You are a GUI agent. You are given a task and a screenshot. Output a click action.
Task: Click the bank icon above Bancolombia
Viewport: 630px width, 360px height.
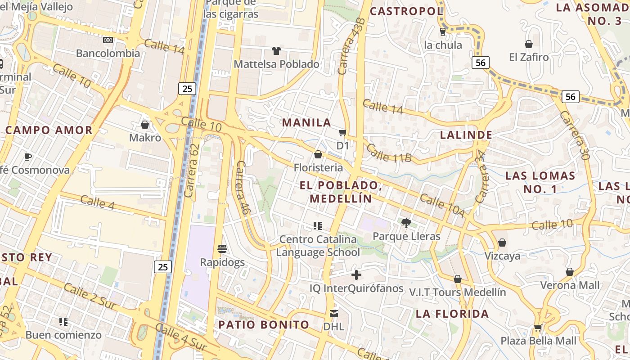tap(108, 40)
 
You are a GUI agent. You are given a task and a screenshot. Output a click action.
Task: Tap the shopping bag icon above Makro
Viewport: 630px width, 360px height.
tap(145, 124)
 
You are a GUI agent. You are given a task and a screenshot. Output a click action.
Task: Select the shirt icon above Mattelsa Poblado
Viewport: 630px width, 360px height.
tap(276, 51)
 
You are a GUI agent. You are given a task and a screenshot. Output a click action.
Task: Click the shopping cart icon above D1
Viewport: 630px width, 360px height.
tap(343, 132)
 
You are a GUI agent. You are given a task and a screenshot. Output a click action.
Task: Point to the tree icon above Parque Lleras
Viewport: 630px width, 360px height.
tap(406, 222)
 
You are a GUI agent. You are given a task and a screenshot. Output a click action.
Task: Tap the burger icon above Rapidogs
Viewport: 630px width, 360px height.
tap(222, 248)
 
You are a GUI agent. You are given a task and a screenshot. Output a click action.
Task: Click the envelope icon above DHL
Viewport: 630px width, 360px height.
tap(334, 313)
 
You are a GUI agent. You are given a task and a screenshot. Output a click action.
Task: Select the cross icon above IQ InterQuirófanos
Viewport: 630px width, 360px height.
tap(356, 274)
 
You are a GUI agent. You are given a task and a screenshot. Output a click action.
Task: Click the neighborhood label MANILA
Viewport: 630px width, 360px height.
tap(306, 122)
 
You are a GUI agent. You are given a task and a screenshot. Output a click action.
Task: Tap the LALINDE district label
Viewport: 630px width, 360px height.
tap(466, 135)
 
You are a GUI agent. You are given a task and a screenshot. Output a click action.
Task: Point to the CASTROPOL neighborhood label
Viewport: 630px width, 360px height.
tap(406, 11)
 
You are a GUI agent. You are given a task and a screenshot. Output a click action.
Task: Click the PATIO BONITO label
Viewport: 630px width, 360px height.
tap(264, 324)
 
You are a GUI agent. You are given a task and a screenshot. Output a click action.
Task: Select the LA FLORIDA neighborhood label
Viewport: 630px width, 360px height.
tap(452, 314)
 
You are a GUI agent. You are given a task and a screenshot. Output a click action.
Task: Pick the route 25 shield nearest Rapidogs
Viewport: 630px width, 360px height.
tap(163, 267)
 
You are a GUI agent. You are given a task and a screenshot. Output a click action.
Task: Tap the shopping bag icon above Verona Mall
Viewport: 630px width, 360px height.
tap(570, 272)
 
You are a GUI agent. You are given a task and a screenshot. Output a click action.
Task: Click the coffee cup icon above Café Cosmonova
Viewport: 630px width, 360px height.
tap(28, 157)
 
